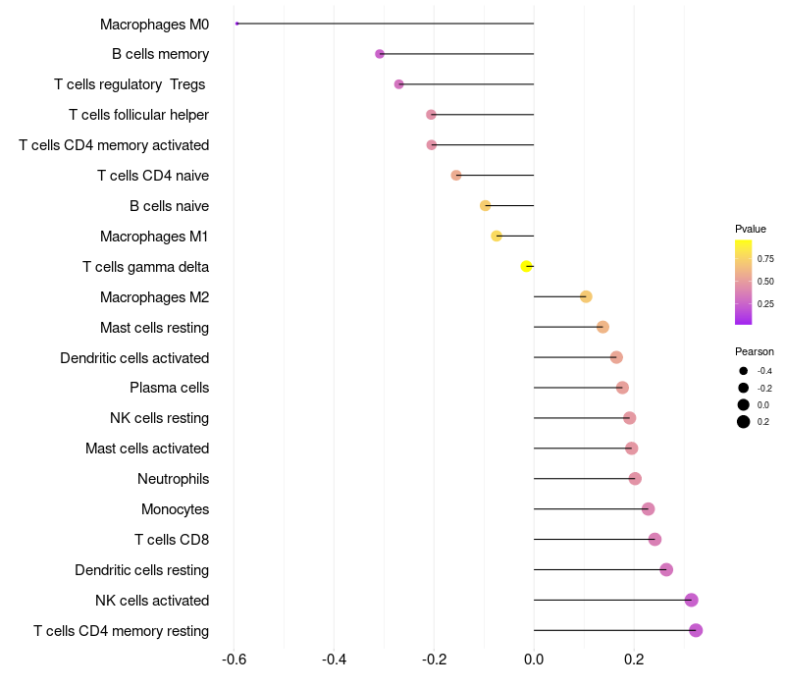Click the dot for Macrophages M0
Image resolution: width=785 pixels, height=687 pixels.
(x=237, y=24)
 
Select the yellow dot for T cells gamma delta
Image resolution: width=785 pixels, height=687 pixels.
(x=527, y=266)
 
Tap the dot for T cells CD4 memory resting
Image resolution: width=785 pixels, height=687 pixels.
(x=696, y=630)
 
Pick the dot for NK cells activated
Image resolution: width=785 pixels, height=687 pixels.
(x=691, y=600)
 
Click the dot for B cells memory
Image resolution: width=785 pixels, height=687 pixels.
(x=380, y=54)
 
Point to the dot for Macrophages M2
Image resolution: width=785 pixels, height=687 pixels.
(x=586, y=296)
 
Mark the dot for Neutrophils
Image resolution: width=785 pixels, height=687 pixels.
(x=635, y=479)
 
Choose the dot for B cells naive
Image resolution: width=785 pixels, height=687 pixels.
(x=485, y=205)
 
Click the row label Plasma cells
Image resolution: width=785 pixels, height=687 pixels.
(x=169, y=388)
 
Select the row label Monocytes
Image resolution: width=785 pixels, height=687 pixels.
(x=175, y=509)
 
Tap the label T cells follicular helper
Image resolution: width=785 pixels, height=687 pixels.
(x=138, y=115)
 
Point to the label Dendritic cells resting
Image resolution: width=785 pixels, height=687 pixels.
(x=141, y=570)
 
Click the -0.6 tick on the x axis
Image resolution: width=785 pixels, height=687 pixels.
(x=234, y=659)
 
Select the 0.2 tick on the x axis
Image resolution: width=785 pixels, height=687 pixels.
(x=634, y=659)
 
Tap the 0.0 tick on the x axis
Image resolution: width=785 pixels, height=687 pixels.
(x=534, y=659)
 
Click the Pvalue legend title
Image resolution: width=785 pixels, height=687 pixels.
(x=751, y=229)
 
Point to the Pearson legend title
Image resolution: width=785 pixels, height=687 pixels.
(x=755, y=351)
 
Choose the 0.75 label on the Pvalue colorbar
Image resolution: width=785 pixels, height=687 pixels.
(x=765, y=259)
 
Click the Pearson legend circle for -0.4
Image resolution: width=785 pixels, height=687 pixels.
(x=744, y=371)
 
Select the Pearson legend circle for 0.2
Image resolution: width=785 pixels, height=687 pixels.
(x=744, y=422)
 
